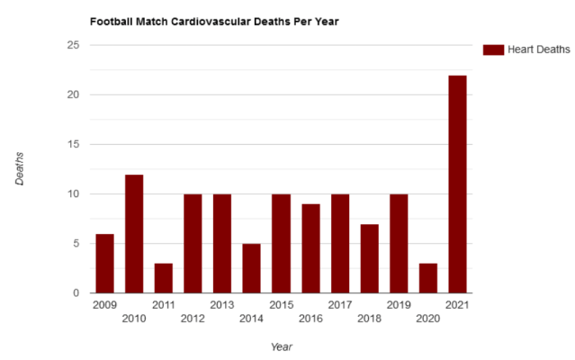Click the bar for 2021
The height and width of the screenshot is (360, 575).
[457, 184]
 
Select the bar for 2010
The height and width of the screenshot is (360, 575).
[134, 234]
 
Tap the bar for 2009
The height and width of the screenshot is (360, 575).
[104, 264]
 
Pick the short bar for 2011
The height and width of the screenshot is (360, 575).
[163, 278]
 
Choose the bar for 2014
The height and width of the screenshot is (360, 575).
[251, 268]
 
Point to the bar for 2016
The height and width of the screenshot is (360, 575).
[310, 248]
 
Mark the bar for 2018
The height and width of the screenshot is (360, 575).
[369, 258]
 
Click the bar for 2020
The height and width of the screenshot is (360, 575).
[427, 278]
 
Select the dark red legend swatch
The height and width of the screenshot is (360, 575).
[492, 49]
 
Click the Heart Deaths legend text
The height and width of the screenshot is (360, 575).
[538, 49]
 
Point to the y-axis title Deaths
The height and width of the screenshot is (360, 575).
[20, 168]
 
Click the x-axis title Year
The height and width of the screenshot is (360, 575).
[282, 346]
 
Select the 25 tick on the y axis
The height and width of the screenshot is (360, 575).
[75, 45]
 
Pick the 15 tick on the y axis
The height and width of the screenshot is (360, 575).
[75, 144]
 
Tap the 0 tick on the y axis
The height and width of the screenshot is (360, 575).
[77, 293]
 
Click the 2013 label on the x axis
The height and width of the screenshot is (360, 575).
[221, 305]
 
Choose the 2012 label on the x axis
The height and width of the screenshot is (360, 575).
[193, 318]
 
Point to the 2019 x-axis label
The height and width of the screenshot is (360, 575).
[398, 305]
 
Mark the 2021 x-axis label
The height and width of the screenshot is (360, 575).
[457, 305]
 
